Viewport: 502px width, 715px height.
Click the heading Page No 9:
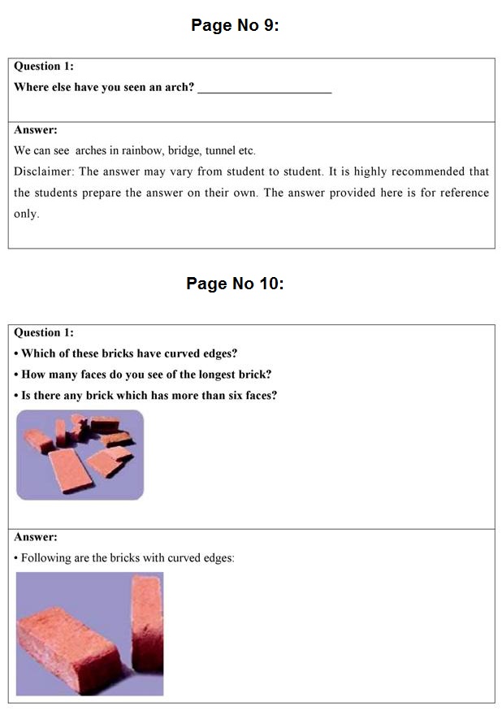coord(235,25)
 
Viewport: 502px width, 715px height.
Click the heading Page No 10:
coord(235,284)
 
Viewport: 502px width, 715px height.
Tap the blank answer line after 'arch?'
coord(265,93)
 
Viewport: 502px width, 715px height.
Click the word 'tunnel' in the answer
coord(220,150)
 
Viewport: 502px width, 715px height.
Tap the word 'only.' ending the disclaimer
coord(27,214)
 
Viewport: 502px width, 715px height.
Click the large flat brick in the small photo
coord(70,470)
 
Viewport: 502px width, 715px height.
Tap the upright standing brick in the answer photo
coord(147,623)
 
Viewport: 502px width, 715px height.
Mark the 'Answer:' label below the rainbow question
coord(36,130)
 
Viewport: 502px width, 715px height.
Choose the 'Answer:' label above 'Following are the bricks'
coord(36,537)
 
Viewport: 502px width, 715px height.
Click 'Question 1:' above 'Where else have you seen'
coord(44,67)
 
